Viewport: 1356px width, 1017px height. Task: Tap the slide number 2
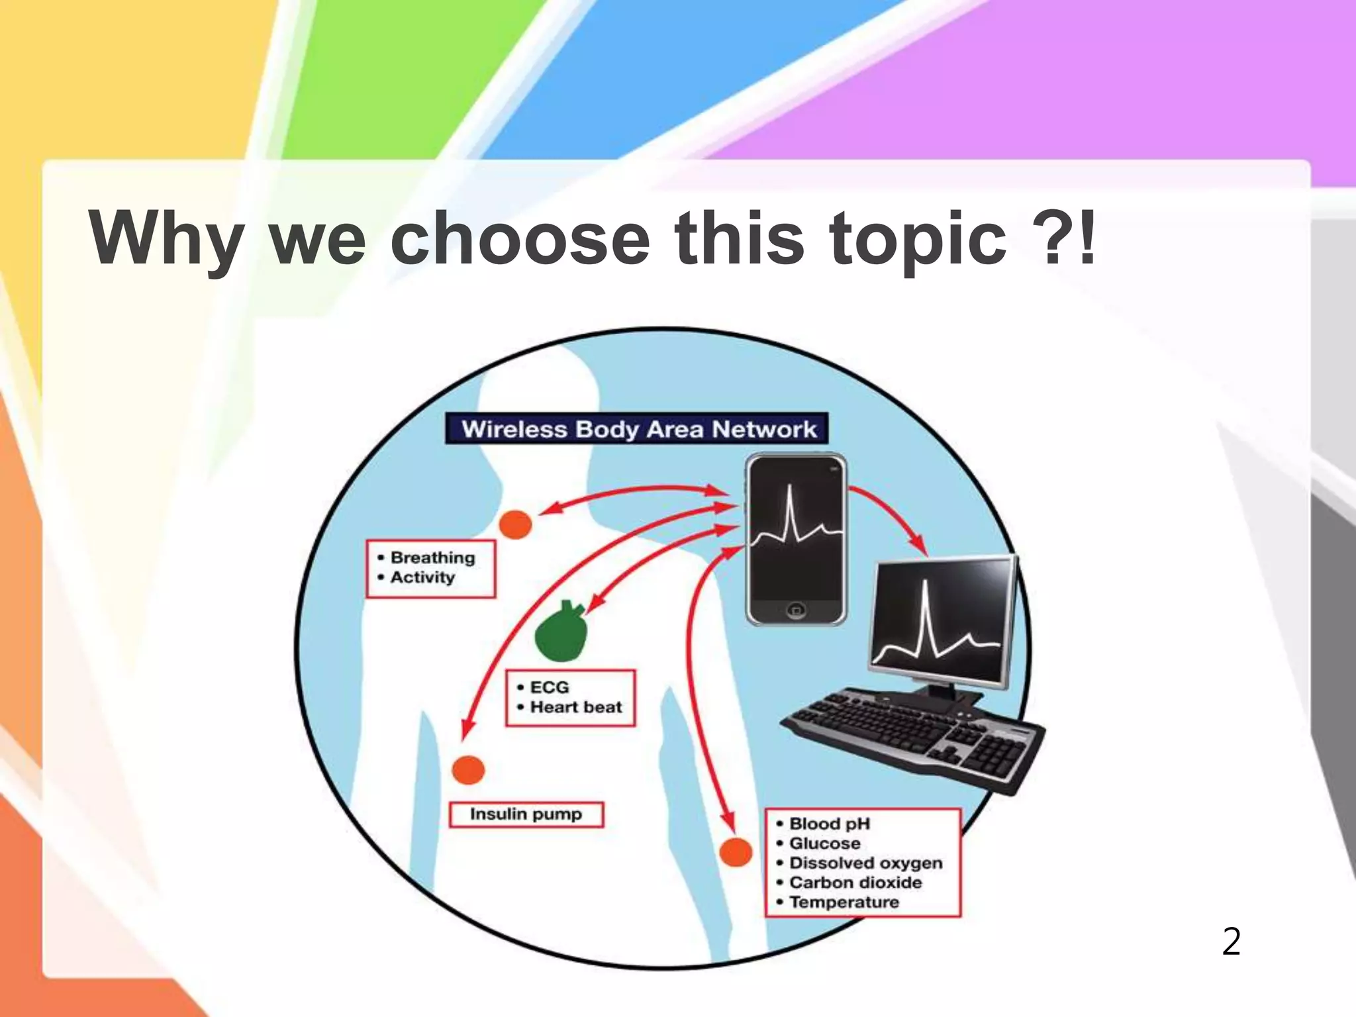tap(1231, 942)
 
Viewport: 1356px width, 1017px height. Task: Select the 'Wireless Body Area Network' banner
tap(637, 429)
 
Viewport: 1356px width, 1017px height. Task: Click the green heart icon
tap(561, 633)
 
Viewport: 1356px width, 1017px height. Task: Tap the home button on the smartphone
tap(796, 610)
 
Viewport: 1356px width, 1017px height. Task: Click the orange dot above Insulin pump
tap(468, 770)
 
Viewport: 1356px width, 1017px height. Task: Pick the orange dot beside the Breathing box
tap(515, 524)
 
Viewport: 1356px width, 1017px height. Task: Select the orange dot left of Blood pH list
tap(736, 852)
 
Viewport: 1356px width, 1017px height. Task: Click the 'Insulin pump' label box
tap(526, 814)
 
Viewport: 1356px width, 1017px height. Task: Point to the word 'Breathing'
tap(432, 557)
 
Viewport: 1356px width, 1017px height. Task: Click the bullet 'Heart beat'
tap(575, 707)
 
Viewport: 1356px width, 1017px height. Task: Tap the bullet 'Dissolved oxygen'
tap(865, 863)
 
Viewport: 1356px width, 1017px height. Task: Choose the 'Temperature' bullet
tap(844, 902)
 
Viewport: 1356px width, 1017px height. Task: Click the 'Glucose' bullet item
tap(824, 844)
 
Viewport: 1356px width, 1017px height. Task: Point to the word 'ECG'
tap(549, 687)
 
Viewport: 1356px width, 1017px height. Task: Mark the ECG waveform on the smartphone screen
tap(795, 523)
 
